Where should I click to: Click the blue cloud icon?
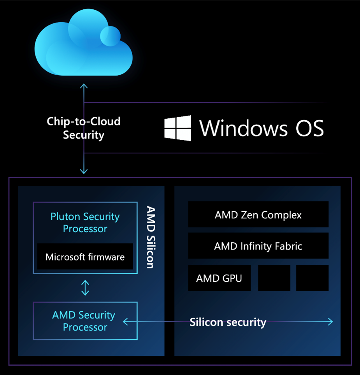click(83, 45)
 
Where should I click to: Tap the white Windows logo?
click(177, 128)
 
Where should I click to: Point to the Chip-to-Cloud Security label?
click(84, 128)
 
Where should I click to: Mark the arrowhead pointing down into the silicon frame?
click(84, 171)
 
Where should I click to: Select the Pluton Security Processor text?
click(85, 222)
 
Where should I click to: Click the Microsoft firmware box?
click(85, 257)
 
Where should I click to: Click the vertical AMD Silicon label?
click(150, 237)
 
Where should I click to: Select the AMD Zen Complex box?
click(258, 215)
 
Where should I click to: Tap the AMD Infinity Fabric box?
click(258, 246)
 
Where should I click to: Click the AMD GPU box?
click(219, 278)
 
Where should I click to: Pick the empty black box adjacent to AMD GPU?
click(274, 278)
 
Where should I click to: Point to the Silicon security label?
click(228, 322)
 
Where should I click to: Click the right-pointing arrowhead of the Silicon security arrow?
click(330, 322)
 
